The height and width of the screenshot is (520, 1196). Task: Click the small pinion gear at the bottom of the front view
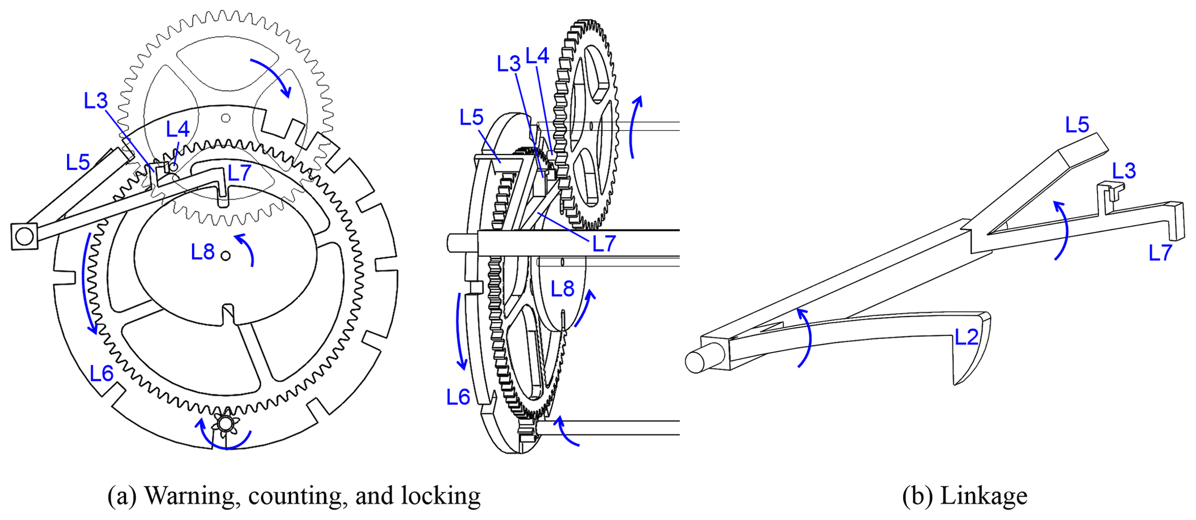226,424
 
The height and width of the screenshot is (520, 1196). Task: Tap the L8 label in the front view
203,252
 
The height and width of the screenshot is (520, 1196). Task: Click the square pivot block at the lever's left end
24,236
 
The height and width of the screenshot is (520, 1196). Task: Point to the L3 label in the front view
96,101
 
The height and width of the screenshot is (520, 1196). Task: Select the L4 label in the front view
178,130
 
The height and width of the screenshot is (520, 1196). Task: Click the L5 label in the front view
78,163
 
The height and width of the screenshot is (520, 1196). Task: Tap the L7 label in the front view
239,172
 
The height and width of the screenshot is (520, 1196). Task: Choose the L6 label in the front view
101,374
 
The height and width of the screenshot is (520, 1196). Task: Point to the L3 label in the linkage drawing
1124,171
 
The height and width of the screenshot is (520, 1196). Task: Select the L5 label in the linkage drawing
1077,124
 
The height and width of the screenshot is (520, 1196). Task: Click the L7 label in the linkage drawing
1161,253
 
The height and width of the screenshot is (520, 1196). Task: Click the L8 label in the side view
562,289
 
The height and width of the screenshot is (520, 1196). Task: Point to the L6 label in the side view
458,397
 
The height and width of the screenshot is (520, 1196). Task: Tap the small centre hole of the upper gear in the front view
226,118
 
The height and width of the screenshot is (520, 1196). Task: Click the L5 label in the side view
471,117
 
